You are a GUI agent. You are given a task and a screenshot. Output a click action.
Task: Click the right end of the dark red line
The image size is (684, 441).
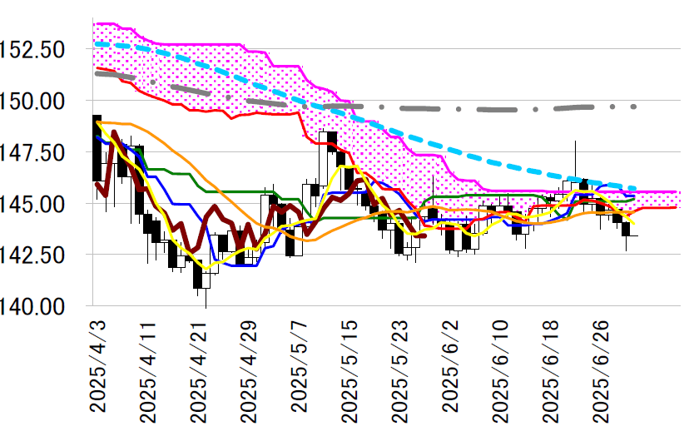click(x=425, y=235)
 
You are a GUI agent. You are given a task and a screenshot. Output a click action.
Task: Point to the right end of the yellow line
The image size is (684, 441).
click(x=636, y=223)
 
